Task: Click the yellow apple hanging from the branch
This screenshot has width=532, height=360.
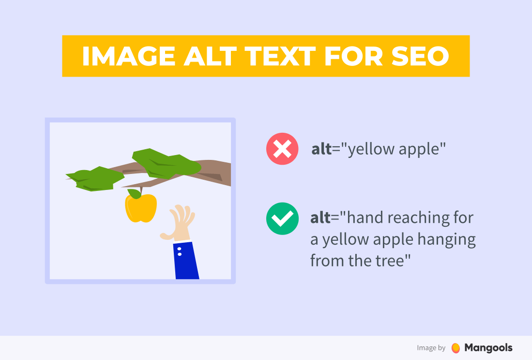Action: [x=141, y=208]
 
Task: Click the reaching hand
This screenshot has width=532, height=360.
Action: [x=180, y=224]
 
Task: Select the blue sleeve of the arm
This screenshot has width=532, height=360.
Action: [x=186, y=262]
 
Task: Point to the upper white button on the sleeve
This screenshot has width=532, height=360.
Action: [x=179, y=249]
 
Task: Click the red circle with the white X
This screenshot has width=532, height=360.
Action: [x=282, y=149]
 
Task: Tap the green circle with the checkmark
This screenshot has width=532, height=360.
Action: [x=282, y=219]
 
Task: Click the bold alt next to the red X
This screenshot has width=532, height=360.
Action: [x=320, y=149]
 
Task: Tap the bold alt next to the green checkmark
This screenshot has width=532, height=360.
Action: [x=320, y=218]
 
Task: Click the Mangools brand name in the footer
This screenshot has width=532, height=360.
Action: [x=488, y=347]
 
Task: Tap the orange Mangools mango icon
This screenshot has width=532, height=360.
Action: [x=455, y=348]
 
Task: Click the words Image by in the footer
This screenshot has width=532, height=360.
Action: [x=431, y=348]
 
